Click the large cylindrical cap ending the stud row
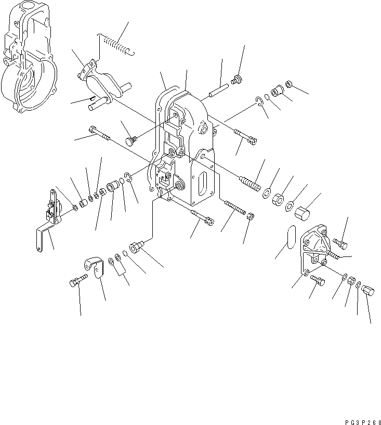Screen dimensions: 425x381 pyautogui.click(x=303, y=211)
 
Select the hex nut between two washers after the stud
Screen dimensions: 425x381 pyautogui.click(x=279, y=199)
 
